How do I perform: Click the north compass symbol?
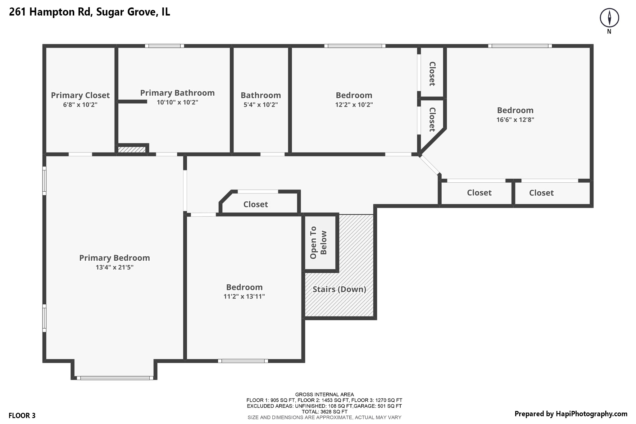609,18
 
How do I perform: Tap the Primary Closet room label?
80,95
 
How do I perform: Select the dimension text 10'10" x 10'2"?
177,102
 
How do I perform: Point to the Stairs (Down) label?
339,289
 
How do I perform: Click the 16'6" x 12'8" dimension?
515,120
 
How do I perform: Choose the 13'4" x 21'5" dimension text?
114,267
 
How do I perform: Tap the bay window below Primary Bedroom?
115,378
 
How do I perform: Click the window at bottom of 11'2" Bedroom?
243,361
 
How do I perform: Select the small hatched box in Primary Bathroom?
132,150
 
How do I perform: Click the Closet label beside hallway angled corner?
255,204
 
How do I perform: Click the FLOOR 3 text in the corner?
22,416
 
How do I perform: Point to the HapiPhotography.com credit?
571,414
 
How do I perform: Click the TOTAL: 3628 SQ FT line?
324,412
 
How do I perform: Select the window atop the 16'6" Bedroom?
520,46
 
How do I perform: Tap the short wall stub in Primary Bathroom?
132,102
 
